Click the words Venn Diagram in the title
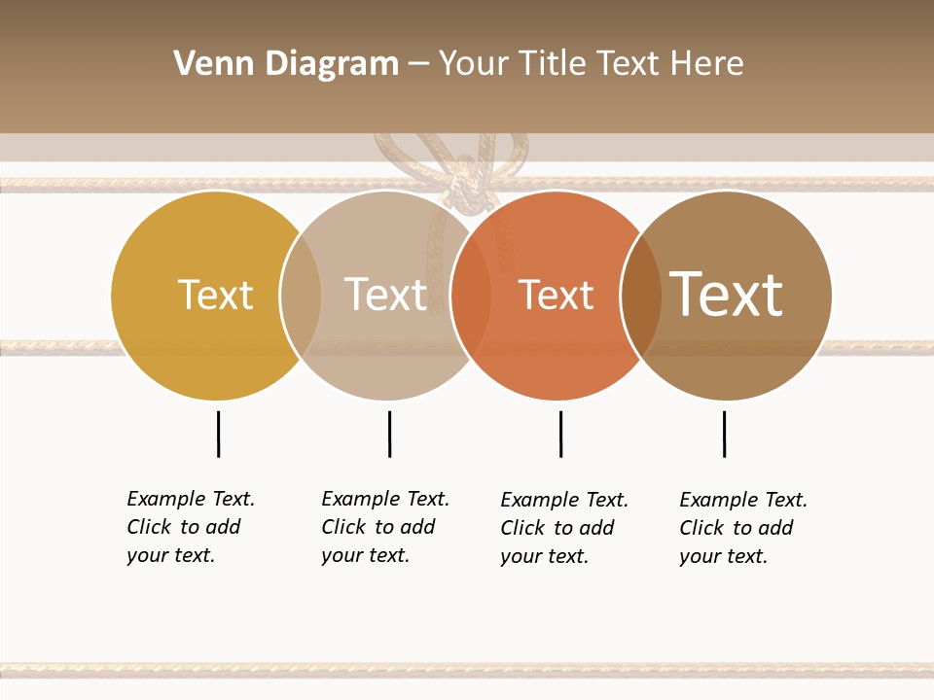286,64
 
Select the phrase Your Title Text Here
591,64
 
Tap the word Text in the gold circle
215,295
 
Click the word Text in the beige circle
386,295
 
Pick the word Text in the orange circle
556,295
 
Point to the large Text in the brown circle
727,294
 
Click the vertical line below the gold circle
219,434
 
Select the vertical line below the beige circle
389,434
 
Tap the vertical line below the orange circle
560,434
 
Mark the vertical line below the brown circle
724,434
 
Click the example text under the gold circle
191,527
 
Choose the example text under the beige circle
385,527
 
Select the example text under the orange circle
564,528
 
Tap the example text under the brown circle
743,528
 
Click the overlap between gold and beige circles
301,296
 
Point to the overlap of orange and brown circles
640,296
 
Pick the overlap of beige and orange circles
471,296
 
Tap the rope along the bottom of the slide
467,670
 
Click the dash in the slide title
418,64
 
